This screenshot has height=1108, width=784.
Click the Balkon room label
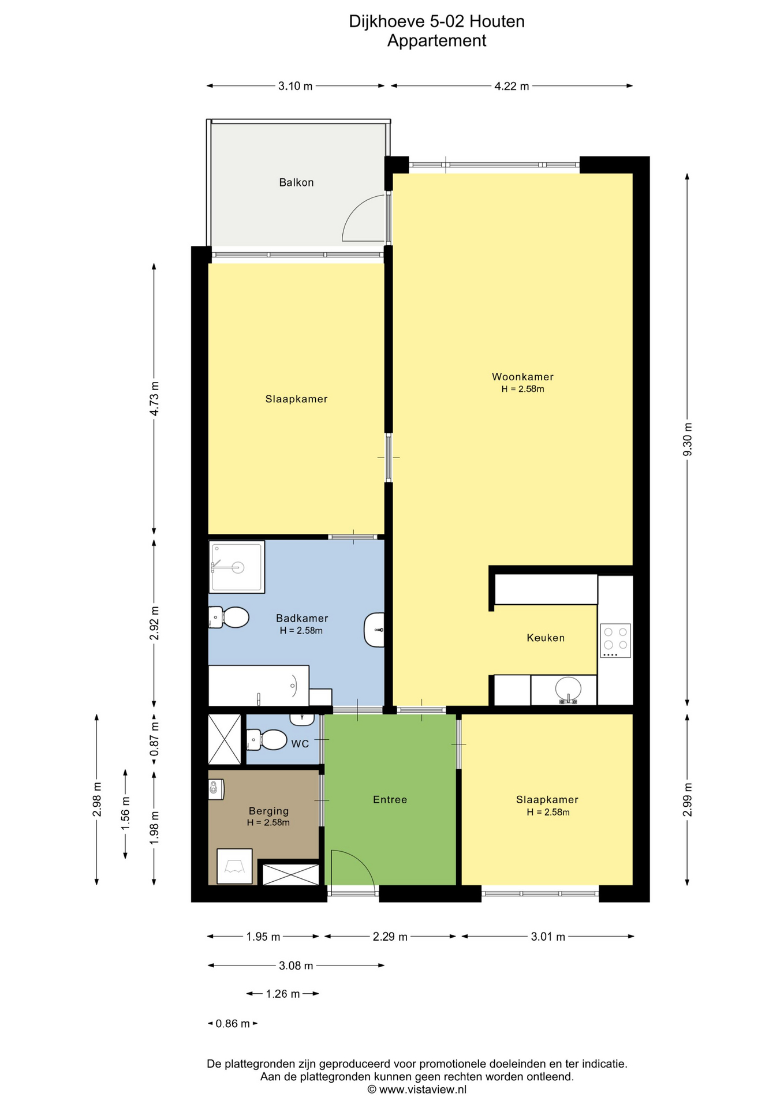coord(296,182)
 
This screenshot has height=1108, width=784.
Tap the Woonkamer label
coord(522,377)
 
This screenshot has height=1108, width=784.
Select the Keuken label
coord(546,638)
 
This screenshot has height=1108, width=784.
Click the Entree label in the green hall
coord(390,799)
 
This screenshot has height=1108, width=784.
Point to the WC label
coord(300,744)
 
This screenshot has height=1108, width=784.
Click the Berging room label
coord(268,811)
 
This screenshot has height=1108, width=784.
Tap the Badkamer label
coord(302,618)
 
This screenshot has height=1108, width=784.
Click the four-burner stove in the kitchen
coord(615,641)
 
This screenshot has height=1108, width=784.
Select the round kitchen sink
coord(569,689)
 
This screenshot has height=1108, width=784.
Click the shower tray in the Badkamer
coord(237,567)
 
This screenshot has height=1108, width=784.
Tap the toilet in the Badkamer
coord(229,617)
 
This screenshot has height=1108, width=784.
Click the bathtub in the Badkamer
coord(259,686)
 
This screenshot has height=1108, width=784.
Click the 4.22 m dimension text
coord(512,87)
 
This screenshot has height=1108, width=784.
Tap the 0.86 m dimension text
coord(233,1024)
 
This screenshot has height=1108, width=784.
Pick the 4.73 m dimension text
coord(154,398)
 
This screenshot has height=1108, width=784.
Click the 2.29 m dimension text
coord(390,937)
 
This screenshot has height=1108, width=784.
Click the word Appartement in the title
coord(437,41)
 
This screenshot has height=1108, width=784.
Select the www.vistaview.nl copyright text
coord(417,1090)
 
